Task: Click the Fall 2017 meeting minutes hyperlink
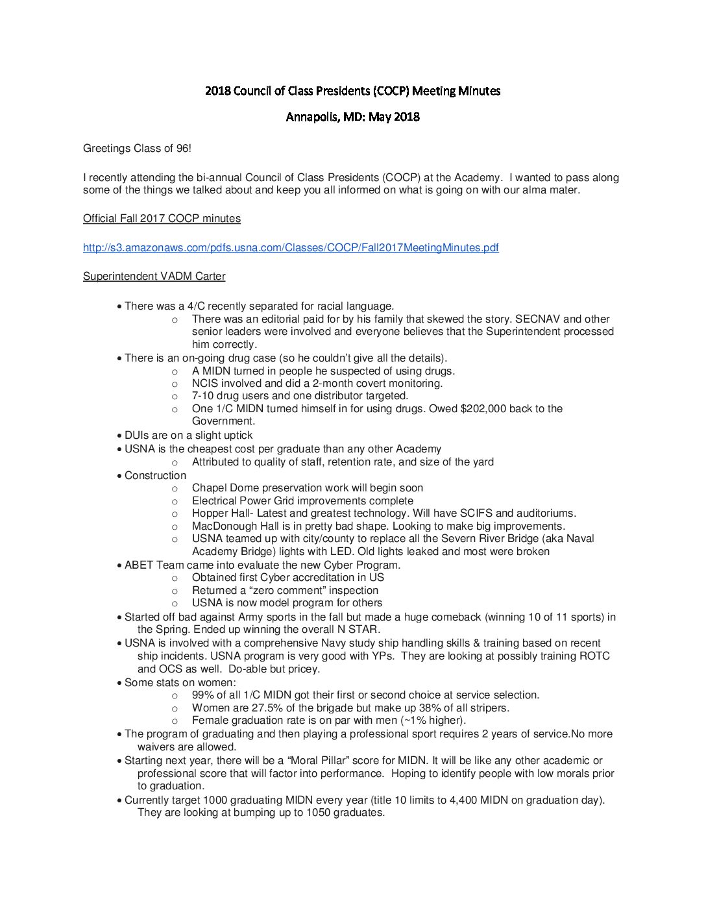(x=291, y=247)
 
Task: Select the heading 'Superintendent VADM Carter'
(x=154, y=276)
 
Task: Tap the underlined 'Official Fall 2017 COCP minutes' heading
(x=162, y=218)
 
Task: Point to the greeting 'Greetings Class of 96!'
(x=137, y=149)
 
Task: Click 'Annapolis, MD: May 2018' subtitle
(x=352, y=117)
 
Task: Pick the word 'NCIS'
(x=205, y=383)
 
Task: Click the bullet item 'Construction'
(x=155, y=475)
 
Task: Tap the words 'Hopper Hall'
(x=221, y=513)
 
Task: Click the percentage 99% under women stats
(x=203, y=695)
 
